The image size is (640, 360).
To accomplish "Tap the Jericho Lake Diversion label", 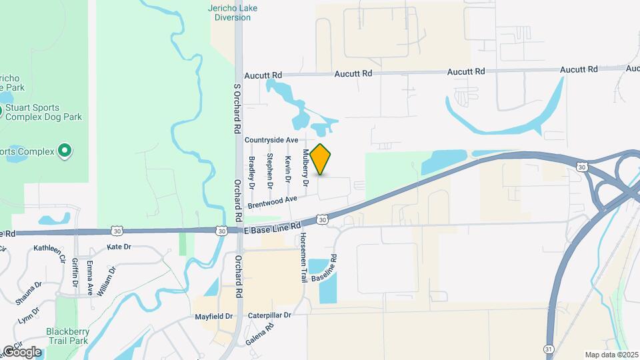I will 232,13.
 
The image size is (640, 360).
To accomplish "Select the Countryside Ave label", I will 271,140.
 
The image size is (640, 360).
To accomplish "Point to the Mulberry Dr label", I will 306,167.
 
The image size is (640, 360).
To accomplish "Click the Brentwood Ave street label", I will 272,203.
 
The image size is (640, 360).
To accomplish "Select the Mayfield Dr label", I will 213,316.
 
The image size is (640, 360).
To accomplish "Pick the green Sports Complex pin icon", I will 65,151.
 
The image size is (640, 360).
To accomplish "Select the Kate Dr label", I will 119,247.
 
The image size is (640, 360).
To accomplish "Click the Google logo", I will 22,352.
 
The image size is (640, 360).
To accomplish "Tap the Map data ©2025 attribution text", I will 611,355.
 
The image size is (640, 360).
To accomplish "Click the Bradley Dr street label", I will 252,171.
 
